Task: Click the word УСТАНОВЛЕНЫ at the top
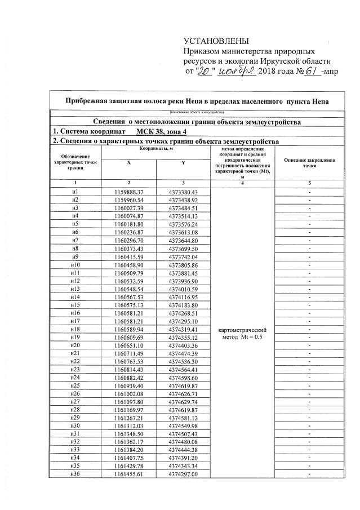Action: click(216, 41)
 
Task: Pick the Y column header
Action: click(183, 162)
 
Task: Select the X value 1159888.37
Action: click(129, 192)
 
